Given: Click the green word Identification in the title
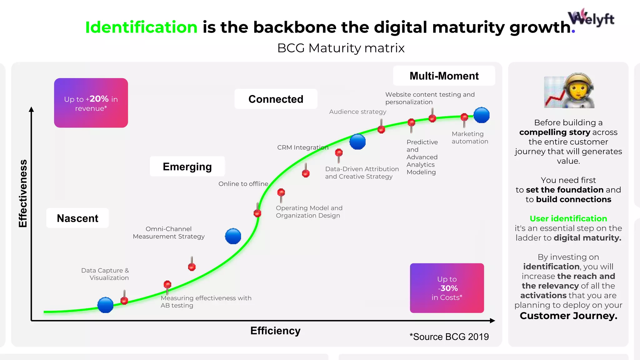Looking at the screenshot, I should (x=141, y=27).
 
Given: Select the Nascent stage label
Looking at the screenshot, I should (x=77, y=218).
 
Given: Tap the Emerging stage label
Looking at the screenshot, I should (x=187, y=167).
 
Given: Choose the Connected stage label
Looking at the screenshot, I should (x=276, y=99).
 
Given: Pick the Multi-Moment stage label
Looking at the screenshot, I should (x=444, y=76).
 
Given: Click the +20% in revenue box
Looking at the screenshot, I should (x=91, y=103).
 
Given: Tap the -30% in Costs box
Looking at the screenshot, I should (x=447, y=288).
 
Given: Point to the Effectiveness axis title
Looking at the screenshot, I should (x=23, y=193).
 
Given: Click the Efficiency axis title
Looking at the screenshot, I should (x=275, y=331).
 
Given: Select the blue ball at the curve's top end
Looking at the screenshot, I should (x=481, y=115).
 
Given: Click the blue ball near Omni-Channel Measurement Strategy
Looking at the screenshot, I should (x=233, y=236).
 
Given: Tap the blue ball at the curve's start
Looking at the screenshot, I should (x=105, y=305).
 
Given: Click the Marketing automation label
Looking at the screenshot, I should (x=470, y=137).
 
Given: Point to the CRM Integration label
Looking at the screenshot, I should (x=302, y=147).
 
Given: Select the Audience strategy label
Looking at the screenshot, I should (x=357, y=112).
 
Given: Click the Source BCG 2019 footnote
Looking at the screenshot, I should (x=449, y=337).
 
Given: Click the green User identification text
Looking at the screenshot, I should (x=568, y=218).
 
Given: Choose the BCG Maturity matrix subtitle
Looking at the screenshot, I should (x=341, y=48).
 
